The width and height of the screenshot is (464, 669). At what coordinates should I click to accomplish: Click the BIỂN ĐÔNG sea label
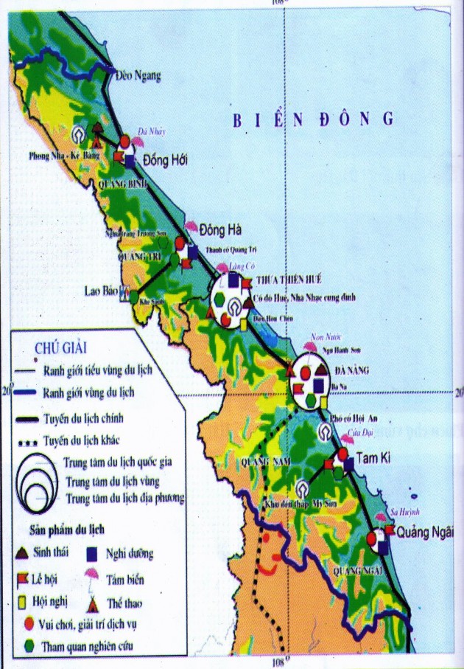point(314,119)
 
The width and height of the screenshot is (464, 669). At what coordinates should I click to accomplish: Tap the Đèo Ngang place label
point(139,75)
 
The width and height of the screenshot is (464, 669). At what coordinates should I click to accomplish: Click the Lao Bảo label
point(98,290)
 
